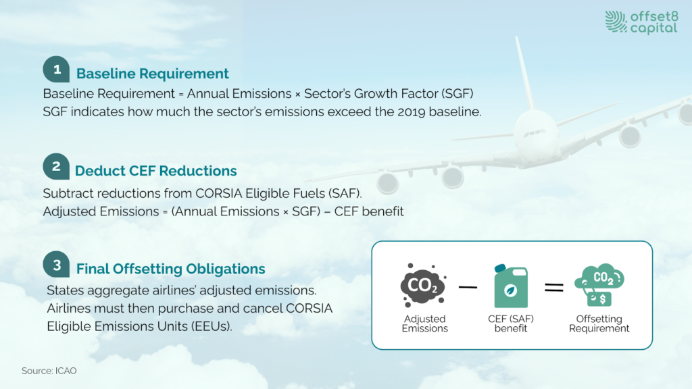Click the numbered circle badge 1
click(x=56, y=70)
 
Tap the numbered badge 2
click(x=56, y=166)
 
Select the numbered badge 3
click(x=56, y=264)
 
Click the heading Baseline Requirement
click(x=152, y=74)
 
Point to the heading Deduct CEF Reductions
click(x=156, y=171)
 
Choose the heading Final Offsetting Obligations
click(x=171, y=269)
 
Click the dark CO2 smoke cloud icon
click(x=423, y=286)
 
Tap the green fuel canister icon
click(x=511, y=286)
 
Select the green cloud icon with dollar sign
click(x=599, y=285)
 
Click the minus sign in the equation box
click(x=468, y=287)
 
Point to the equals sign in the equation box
click(x=554, y=288)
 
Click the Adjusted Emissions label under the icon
click(x=424, y=323)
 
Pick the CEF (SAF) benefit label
click(x=511, y=323)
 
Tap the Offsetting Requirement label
click(x=599, y=323)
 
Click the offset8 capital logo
click(x=641, y=22)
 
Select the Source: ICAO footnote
click(x=49, y=371)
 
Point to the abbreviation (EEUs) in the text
click(x=212, y=326)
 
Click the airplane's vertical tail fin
click(x=524, y=73)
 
